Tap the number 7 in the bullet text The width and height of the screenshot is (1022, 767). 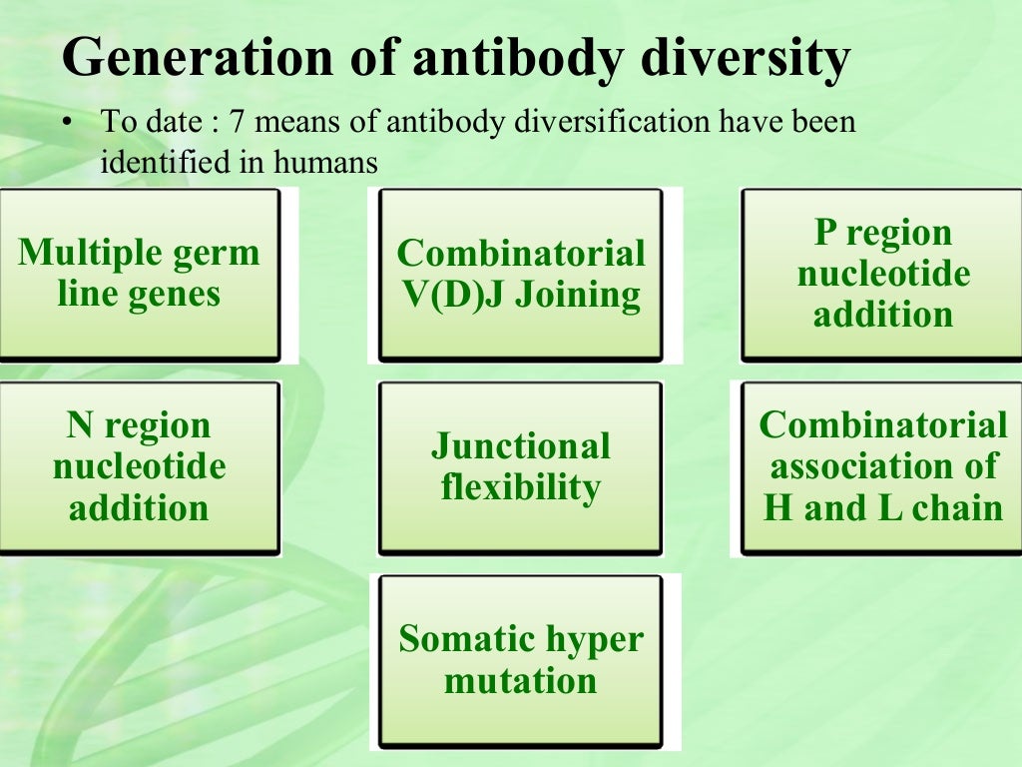tap(237, 125)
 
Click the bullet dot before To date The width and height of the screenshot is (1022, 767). tap(67, 125)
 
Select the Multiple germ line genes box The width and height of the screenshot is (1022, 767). tap(139, 274)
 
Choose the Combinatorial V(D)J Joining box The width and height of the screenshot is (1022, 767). tap(520, 274)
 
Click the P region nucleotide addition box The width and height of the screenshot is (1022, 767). tap(882, 274)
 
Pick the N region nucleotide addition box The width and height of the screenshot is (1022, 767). tap(139, 467)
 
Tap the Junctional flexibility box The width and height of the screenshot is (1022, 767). tap(520, 467)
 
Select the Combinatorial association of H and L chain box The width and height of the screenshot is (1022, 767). tap(882, 467)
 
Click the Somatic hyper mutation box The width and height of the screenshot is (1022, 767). tap(520, 660)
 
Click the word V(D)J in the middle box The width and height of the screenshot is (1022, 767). tap(450, 296)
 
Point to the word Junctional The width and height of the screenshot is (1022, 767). tap(520, 446)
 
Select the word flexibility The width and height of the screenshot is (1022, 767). tap(520, 488)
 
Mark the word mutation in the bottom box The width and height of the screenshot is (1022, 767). tap(520, 682)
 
